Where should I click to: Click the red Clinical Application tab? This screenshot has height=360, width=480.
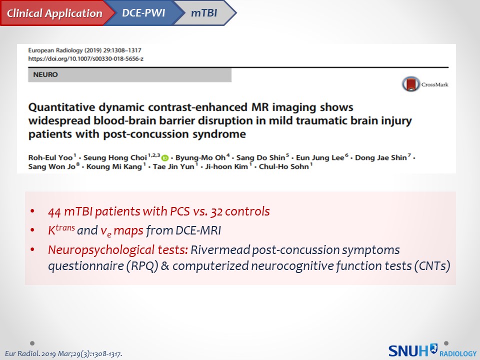click(x=55, y=13)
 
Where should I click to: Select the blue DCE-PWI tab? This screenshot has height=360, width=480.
click(x=144, y=13)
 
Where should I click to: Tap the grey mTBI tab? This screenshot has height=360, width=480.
click(x=204, y=13)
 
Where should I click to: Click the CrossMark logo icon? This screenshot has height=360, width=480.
click(x=410, y=84)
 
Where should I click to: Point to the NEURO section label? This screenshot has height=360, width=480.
click(x=45, y=74)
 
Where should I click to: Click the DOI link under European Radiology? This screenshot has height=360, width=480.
click(x=85, y=58)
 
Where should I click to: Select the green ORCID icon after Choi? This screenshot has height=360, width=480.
click(x=165, y=158)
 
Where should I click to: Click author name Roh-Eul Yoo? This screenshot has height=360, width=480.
click(x=50, y=157)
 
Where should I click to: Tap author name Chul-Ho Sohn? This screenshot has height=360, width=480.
click(x=284, y=166)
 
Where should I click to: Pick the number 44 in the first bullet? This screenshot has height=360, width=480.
click(x=54, y=211)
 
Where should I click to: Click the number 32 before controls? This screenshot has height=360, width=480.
click(x=216, y=211)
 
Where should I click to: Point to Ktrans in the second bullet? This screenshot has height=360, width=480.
click(x=61, y=229)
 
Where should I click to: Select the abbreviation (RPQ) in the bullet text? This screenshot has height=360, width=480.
click(x=142, y=265)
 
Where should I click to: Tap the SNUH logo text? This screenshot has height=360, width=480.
click(x=408, y=350)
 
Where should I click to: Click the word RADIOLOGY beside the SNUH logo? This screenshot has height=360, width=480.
click(x=458, y=353)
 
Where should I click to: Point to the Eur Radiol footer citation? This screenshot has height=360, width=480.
click(x=63, y=353)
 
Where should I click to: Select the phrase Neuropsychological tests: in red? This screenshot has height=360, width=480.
click(x=118, y=250)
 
